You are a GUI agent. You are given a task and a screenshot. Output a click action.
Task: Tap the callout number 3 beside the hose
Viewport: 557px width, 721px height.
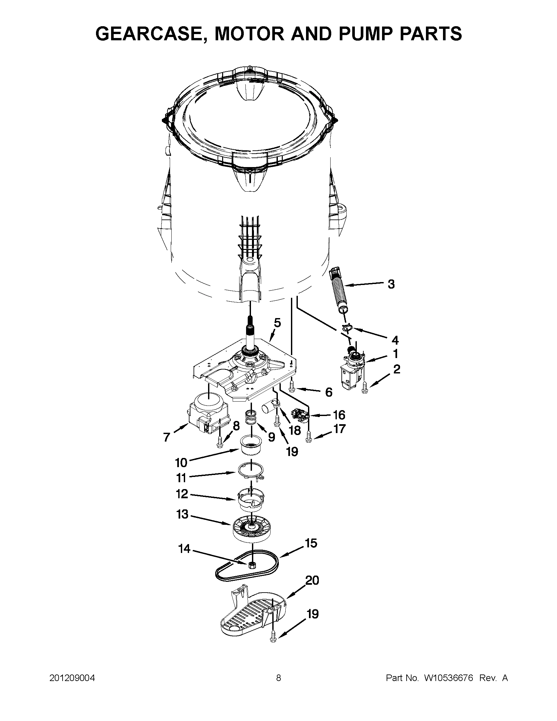point(391,284)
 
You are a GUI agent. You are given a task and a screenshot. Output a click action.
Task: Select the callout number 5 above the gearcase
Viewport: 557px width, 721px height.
point(277,323)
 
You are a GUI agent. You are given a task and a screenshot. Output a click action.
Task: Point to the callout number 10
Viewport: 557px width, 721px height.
point(181,463)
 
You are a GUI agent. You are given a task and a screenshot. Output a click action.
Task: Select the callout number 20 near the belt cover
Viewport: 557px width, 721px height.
point(312,589)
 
